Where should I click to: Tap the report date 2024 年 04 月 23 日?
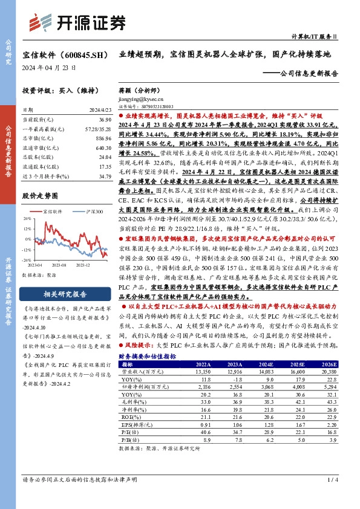(49, 68)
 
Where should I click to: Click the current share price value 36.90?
(104, 120)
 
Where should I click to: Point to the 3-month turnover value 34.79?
(104, 176)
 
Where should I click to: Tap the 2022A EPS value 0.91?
(204, 424)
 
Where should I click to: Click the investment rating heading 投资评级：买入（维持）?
(59, 89)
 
